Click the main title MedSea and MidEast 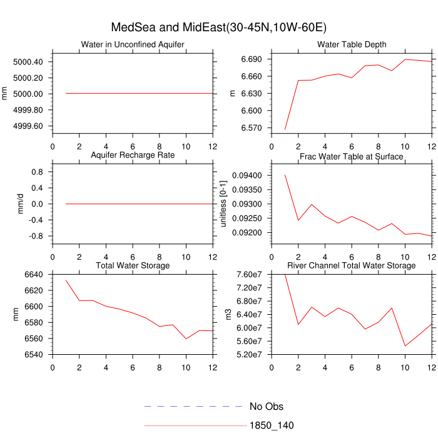tap(219, 28)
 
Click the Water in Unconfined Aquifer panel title tap(133, 44)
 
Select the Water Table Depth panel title tap(352, 44)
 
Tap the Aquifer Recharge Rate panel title tap(133, 155)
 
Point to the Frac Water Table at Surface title tap(352, 156)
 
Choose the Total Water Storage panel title tap(133, 266)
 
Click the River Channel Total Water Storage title tap(352, 266)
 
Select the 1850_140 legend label tap(272, 425)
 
